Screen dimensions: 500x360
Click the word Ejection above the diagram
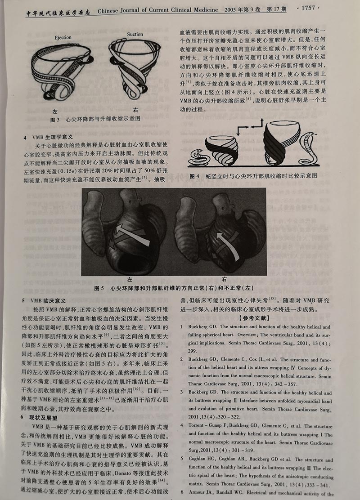coord(63,37)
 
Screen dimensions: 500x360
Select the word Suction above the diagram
coord(135,34)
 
